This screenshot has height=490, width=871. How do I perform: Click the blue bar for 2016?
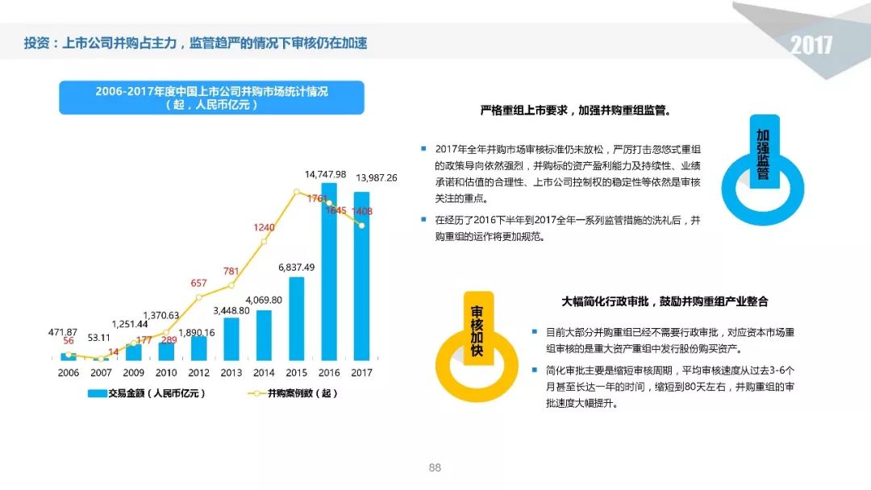tap(329, 272)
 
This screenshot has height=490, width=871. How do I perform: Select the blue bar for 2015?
tap(297, 318)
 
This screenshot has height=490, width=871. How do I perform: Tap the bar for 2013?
tap(231, 338)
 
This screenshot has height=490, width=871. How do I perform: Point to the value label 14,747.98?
tap(325, 174)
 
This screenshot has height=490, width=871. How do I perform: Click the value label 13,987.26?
tap(377, 177)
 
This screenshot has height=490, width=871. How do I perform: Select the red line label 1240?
tap(264, 227)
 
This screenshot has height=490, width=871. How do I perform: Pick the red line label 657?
tap(199, 283)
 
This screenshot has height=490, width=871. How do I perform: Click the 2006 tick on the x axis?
tap(69, 373)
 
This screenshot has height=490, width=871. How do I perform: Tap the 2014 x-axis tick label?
tap(264, 373)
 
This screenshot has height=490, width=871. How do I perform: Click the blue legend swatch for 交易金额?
tap(98, 393)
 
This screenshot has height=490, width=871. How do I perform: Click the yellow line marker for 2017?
tap(361, 226)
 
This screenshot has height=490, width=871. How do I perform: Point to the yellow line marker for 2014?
tap(264, 242)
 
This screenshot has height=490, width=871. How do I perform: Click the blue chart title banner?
tap(211, 98)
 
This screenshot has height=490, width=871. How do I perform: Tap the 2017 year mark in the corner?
tap(811, 45)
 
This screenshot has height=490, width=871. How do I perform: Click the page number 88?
tap(435, 467)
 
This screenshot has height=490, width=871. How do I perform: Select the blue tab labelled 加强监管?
tap(765, 152)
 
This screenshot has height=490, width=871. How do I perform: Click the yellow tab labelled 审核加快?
tap(478, 328)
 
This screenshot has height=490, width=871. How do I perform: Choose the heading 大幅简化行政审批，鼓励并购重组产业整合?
tap(665, 301)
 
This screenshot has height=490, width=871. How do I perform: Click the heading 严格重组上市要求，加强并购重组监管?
tap(576, 110)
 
